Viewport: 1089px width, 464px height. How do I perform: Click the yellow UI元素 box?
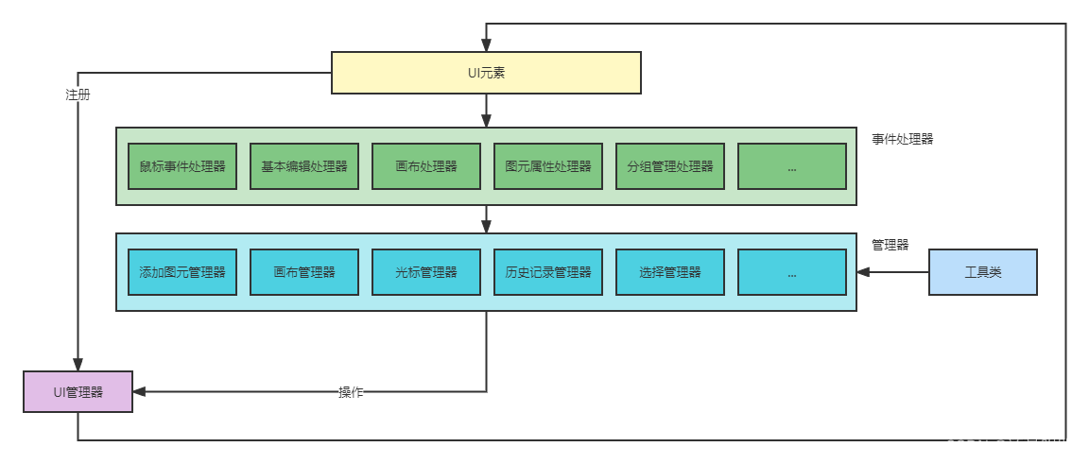click(486, 73)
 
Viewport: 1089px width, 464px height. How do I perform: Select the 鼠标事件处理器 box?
click(182, 166)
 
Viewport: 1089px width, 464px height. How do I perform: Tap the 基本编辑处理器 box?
click(304, 166)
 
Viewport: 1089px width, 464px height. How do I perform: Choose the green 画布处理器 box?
click(426, 166)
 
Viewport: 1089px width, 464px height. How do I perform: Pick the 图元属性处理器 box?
click(548, 166)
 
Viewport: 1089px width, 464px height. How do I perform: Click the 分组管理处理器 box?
click(670, 166)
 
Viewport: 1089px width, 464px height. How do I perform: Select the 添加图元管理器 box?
click(182, 272)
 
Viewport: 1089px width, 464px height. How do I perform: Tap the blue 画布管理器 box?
click(304, 272)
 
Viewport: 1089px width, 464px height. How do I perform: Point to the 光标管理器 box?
click(426, 272)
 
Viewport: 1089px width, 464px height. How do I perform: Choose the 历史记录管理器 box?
click(548, 272)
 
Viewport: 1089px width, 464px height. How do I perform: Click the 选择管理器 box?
click(670, 272)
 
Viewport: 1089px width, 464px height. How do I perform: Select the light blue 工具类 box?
click(983, 272)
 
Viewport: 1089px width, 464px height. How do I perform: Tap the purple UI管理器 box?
click(78, 391)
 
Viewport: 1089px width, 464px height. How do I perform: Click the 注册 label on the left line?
click(78, 95)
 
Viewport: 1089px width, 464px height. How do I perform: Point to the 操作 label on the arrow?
click(352, 392)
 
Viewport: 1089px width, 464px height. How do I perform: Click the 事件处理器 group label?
click(902, 139)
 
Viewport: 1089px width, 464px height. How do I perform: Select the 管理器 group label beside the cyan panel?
click(890, 245)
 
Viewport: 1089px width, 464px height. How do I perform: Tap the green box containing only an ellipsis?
click(792, 166)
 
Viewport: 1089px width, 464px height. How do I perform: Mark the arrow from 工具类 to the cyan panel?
click(893, 272)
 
